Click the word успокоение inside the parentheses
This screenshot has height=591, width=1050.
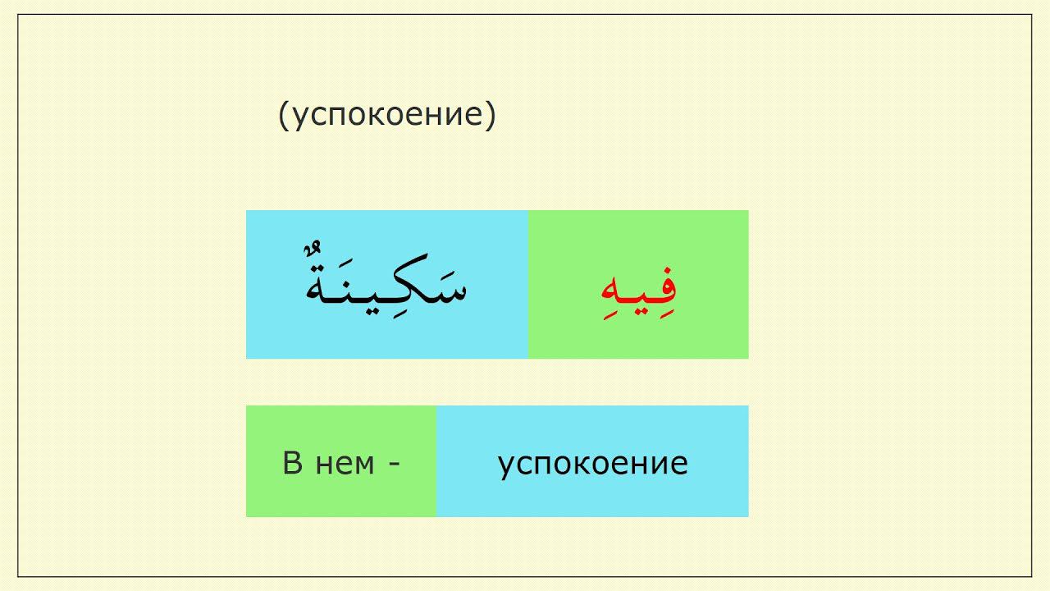388,116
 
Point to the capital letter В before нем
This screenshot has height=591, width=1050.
292,464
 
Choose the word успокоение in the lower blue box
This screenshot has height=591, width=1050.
592,464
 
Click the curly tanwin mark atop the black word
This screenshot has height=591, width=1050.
314,248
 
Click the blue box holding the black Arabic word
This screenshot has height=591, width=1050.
386,337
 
